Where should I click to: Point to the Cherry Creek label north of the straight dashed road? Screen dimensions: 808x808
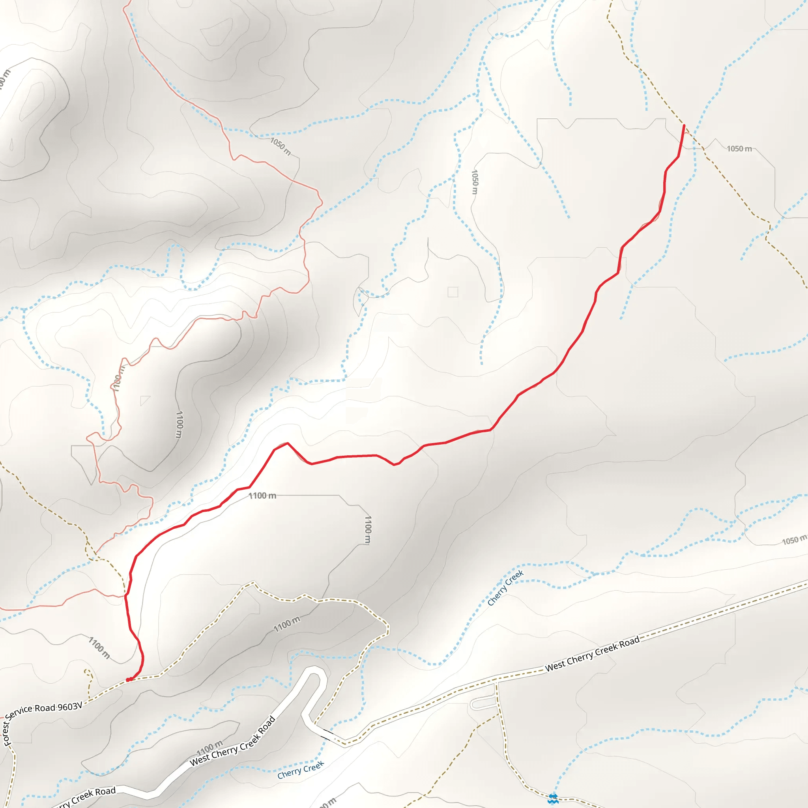click(505, 587)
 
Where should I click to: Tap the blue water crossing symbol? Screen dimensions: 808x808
click(553, 799)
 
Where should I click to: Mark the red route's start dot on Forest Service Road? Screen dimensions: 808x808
click(128, 680)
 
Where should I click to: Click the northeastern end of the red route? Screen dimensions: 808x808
click(684, 125)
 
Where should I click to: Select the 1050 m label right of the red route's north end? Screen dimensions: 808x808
click(739, 149)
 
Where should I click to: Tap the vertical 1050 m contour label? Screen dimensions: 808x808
click(474, 181)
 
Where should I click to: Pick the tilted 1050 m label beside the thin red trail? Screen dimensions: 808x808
click(281, 146)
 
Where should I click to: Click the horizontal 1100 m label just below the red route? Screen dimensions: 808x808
click(262, 496)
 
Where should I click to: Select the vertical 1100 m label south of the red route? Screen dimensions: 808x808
click(368, 529)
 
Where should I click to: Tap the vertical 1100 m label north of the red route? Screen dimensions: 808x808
click(180, 425)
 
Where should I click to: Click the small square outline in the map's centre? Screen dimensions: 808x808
click(453, 292)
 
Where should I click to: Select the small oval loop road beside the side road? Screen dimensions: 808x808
click(483, 703)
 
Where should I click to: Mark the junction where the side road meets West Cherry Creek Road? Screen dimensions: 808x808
click(496, 682)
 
